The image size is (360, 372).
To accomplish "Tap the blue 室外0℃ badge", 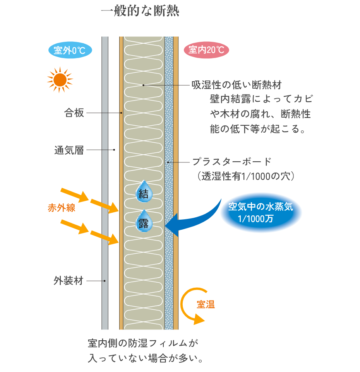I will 70,50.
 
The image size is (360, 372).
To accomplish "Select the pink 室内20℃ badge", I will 206,50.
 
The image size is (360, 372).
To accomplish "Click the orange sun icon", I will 60,80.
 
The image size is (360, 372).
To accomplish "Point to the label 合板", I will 74,113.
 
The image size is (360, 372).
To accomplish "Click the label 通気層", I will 69,150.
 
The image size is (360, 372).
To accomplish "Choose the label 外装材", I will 68,281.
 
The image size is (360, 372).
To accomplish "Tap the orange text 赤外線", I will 61,208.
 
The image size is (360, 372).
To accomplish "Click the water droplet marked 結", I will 144,191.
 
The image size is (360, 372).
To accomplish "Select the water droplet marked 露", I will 144,222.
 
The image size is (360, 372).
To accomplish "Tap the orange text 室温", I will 206,304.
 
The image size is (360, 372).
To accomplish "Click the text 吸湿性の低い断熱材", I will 237,85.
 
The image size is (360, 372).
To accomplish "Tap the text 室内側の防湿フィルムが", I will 143,343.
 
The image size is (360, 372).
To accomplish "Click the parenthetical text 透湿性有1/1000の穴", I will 246,176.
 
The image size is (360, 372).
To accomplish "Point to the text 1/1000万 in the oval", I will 256,218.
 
